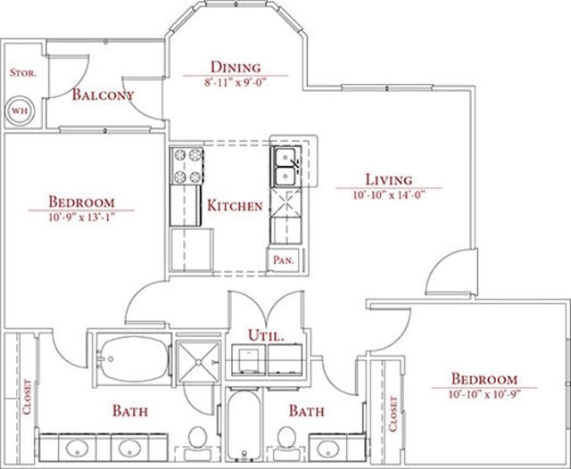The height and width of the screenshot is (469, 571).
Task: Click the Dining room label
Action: click(236, 67)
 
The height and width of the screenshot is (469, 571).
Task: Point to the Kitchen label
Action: click(235, 206)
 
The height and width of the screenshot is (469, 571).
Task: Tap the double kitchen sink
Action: click(286, 167)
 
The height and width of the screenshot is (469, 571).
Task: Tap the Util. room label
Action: click(267, 336)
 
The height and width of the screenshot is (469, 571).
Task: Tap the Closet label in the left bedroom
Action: click(27, 400)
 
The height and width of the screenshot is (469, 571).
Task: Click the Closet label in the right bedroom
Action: click(393, 414)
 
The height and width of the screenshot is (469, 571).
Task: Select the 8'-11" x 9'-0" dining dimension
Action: click(236, 81)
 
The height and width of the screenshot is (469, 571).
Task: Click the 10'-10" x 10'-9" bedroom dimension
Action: click(484, 393)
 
